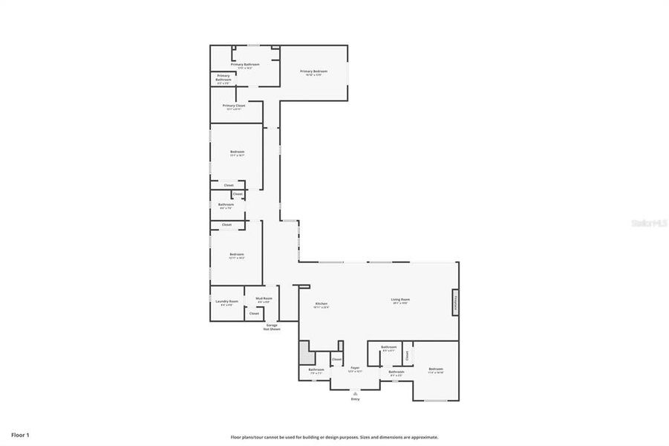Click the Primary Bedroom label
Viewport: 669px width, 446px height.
(313, 71)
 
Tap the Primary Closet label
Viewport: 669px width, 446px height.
(234, 106)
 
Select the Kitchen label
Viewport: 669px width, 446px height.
(322, 304)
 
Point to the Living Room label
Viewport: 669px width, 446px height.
(401, 300)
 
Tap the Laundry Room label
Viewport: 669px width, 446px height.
(227, 301)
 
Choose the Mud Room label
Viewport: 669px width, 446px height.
(264, 299)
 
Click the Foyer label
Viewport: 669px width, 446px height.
(356, 367)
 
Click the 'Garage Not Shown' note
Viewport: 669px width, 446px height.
(273, 327)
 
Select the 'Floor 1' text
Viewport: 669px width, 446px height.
(20, 434)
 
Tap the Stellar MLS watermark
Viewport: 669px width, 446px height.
(648, 222)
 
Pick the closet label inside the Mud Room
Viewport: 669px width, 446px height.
(254, 314)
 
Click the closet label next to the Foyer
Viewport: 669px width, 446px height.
(336, 360)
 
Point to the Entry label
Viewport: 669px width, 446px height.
(355, 399)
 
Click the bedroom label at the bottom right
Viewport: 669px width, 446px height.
(436, 369)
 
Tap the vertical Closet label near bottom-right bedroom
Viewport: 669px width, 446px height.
(407, 355)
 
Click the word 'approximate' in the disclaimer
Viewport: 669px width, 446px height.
(423, 437)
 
